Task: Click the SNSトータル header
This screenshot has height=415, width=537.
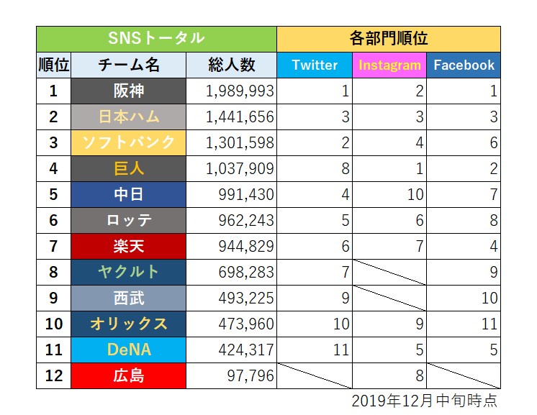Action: coord(156,38)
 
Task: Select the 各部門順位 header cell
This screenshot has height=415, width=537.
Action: coord(389,38)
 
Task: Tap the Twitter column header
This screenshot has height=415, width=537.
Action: coord(315,65)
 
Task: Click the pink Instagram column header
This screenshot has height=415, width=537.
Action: coord(389,65)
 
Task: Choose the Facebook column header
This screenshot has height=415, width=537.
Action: coord(464,65)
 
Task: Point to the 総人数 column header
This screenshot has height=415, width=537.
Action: coord(231,65)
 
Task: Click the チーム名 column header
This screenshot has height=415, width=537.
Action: coord(128,65)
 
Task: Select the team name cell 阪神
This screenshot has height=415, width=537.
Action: coord(128,91)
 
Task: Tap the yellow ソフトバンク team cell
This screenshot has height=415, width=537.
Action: coord(128,142)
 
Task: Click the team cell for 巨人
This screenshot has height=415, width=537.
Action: coord(128,168)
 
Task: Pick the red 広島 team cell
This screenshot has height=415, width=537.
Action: coord(128,375)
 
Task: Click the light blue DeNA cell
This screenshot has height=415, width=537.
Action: coord(128,350)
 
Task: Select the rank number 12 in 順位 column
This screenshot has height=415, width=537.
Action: coord(53,375)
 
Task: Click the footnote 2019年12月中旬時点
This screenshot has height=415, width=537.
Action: coord(425,400)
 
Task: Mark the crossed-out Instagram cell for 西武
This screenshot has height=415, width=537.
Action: coord(389,298)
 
